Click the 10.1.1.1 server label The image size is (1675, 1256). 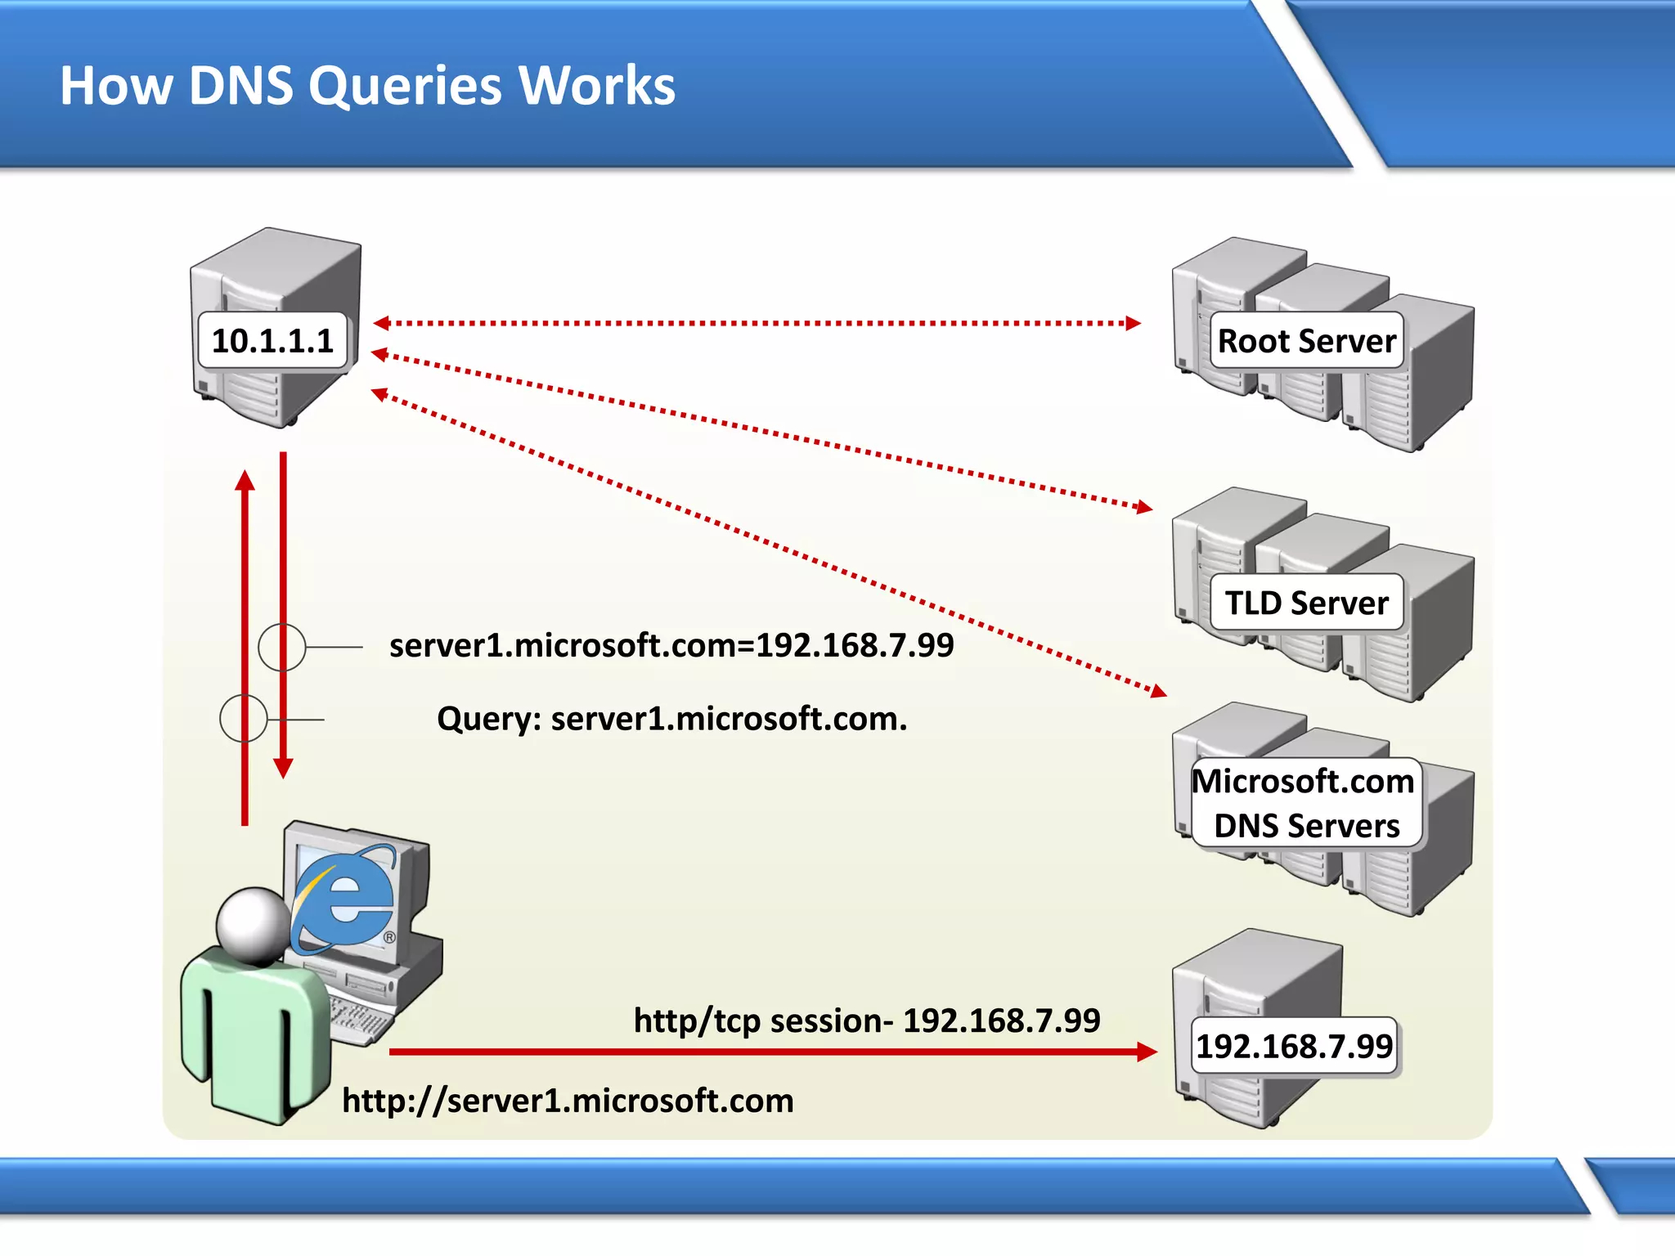click(273, 341)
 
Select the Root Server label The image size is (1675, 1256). click(1306, 341)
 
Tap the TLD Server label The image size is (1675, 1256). click(1306, 603)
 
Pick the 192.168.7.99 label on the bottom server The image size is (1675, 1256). click(1294, 1047)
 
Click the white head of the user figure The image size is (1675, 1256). click(252, 924)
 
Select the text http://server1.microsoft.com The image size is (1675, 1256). click(568, 1101)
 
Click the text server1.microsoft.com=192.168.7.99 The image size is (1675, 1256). click(671, 646)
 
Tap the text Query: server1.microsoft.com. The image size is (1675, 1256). click(671, 719)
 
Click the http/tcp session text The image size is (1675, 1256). click(867, 1020)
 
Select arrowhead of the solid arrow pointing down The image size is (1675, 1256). click(283, 769)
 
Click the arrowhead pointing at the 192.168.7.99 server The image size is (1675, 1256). click(1147, 1052)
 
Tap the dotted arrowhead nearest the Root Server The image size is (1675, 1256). click(1133, 323)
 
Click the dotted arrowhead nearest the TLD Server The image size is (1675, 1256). click(1143, 508)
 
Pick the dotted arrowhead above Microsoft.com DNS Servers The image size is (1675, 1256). click(1158, 692)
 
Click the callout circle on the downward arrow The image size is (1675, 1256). click(282, 647)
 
